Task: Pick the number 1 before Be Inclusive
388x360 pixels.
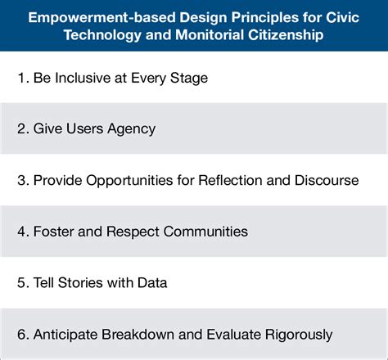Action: pyautogui.click(x=21, y=78)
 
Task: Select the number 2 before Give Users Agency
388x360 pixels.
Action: pyautogui.click(x=21, y=128)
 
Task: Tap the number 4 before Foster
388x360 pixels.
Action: pyautogui.click(x=21, y=231)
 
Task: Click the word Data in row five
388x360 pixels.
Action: pyautogui.click(x=152, y=282)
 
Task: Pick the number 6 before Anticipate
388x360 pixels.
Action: pyautogui.click(x=21, y=334)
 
